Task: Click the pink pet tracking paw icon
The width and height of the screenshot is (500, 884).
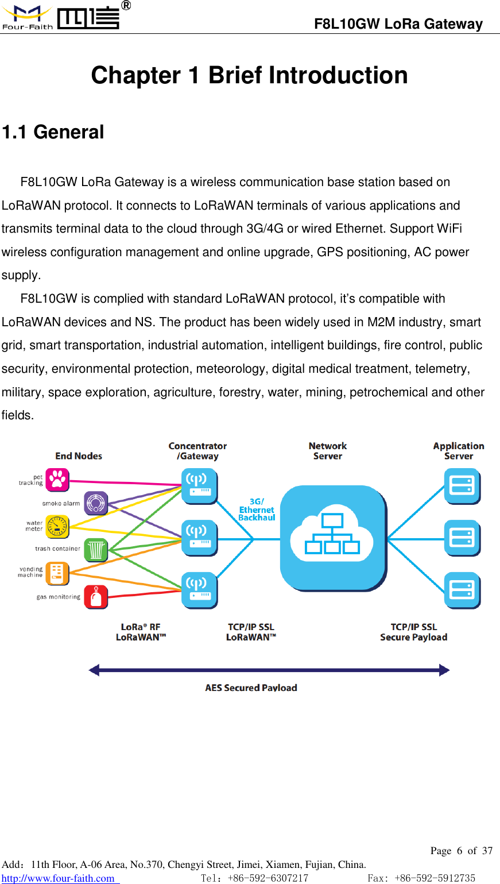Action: (57, 480)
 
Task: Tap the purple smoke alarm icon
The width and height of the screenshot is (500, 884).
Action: (96, 503)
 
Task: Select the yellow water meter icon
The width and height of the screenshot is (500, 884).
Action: (57, 526)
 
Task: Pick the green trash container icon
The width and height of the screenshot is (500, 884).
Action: (96, 550)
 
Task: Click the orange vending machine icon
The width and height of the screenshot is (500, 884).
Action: (57, 573)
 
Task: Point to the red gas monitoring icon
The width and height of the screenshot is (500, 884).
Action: (96, 597)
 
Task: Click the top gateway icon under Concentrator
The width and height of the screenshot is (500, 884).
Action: (199, 486)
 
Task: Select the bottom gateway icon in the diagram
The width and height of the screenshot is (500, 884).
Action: (199, 590)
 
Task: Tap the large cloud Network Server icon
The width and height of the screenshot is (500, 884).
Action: (332, 538)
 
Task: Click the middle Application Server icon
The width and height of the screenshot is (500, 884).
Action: (462, 538)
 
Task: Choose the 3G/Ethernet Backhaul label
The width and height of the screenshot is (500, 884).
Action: (257, 509)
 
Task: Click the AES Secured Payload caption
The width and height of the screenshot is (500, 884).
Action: (251, 688)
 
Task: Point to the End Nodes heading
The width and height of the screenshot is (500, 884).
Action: (79, 456)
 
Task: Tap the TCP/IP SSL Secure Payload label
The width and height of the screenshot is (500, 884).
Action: (413, 632)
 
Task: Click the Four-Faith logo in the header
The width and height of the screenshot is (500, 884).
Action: (61, 17)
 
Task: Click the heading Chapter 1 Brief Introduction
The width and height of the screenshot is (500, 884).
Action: (249, 75)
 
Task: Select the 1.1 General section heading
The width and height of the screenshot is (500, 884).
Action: (53, 132)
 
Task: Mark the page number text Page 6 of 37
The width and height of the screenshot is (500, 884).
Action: (461, 851)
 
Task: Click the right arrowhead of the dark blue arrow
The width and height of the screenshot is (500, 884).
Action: (444, 670)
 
